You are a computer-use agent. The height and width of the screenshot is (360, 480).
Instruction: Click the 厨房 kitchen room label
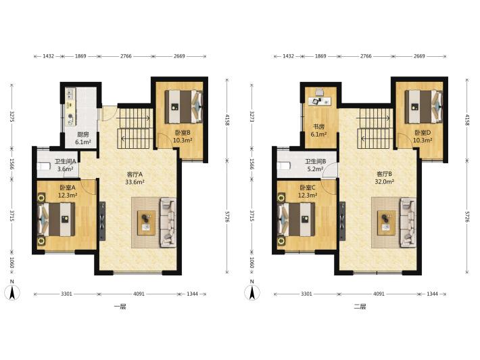83,134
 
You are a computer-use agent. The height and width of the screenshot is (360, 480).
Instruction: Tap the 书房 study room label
318,127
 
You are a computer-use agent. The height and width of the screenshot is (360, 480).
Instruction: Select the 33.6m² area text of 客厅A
135,182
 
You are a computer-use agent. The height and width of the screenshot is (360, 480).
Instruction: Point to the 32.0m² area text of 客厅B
384,181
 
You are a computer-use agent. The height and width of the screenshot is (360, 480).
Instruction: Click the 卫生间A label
65,161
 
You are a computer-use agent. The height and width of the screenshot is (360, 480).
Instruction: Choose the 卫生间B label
315,161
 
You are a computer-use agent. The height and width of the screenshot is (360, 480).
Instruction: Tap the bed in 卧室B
184,106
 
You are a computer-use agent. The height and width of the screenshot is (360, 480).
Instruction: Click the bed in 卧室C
296,219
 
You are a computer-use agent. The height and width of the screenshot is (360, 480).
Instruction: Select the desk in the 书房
320,101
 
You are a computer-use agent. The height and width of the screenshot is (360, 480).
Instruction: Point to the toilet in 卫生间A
43,166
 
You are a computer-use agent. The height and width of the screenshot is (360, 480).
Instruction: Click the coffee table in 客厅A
146,223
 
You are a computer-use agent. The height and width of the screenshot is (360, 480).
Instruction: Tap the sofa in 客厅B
408,223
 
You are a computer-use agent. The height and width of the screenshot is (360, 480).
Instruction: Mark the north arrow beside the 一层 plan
12,292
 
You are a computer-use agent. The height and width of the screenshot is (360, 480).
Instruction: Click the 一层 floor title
120,307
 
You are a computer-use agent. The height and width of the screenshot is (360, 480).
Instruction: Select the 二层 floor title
360,307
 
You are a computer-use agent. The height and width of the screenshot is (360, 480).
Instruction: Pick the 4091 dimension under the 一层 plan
139,294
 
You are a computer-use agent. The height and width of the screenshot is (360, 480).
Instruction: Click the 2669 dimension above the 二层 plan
419,56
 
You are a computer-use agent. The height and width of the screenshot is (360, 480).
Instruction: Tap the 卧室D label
423,133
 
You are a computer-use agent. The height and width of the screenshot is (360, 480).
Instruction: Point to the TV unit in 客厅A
102,221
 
